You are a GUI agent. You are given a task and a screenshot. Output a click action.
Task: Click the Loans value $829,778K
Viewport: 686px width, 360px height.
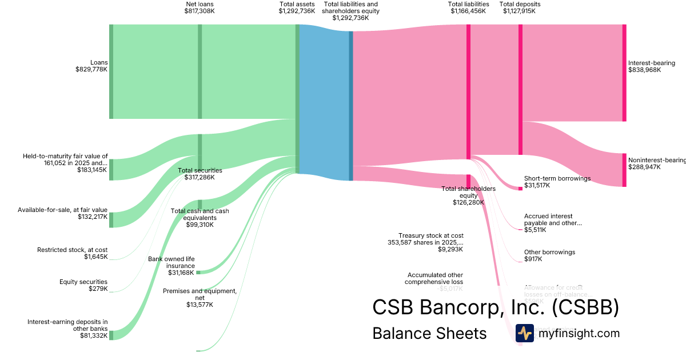pos(91,70)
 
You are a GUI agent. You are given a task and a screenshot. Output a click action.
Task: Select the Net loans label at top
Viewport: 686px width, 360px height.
pos(200,4)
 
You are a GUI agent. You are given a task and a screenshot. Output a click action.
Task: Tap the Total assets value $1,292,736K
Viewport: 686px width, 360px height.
pos(297,11)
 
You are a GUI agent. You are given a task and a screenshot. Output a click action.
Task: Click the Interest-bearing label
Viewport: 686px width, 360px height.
pos(651,63)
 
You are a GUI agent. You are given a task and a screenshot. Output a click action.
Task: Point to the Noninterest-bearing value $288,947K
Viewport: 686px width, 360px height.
pos(644,167)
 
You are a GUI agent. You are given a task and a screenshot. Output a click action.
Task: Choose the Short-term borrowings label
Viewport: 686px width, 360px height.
pos(557,178)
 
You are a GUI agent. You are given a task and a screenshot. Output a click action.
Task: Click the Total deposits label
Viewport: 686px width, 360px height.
pos(520,4)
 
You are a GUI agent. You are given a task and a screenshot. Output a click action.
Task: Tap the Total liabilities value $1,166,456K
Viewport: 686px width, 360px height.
pos(468,11)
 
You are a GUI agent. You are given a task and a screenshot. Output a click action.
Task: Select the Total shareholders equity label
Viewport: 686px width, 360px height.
pos(469,192)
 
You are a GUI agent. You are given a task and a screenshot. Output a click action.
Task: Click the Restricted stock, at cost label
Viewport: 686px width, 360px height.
pos(72,250)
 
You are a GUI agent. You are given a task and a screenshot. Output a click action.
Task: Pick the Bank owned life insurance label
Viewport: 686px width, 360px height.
pos(171,263)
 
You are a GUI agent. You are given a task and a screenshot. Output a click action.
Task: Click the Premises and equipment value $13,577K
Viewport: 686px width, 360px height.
pos(200,305)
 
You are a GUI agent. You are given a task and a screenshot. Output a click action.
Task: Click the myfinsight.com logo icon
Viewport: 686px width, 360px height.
pos(524,333)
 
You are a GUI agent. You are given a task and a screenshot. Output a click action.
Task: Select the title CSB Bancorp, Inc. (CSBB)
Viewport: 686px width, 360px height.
pos(495,307)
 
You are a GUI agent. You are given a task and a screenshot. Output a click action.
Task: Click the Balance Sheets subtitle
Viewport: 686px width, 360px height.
pos(429,333)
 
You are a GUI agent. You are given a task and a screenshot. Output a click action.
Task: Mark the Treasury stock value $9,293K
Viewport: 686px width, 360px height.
pos(450,249)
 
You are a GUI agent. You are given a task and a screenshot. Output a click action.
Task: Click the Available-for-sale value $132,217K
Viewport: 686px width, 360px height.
pos(92,217)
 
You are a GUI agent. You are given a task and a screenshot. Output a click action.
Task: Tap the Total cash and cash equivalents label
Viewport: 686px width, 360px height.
pos(200,214)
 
